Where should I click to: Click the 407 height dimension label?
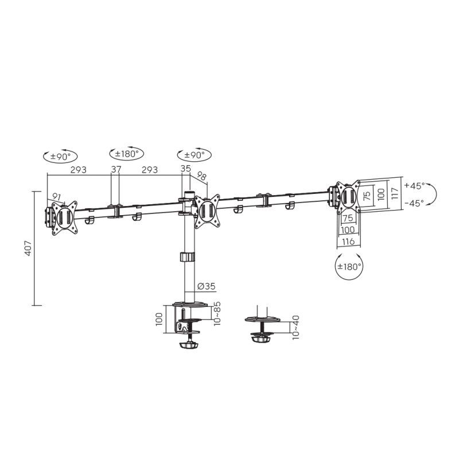(x=28, y=248)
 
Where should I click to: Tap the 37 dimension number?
(x=116, y=169)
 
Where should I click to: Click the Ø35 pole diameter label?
(x=206, y=286)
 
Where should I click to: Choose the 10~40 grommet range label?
(x=296, y=328)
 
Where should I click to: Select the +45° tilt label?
(x=414, y=186)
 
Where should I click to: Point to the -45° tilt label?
(x=414, y=203)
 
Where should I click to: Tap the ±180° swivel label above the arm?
(x=127, y=154)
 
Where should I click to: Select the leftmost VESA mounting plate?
(x=63, y=217)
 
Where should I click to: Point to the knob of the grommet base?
(x=262, y=339)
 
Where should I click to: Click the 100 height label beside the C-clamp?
(x=160, y=319)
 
